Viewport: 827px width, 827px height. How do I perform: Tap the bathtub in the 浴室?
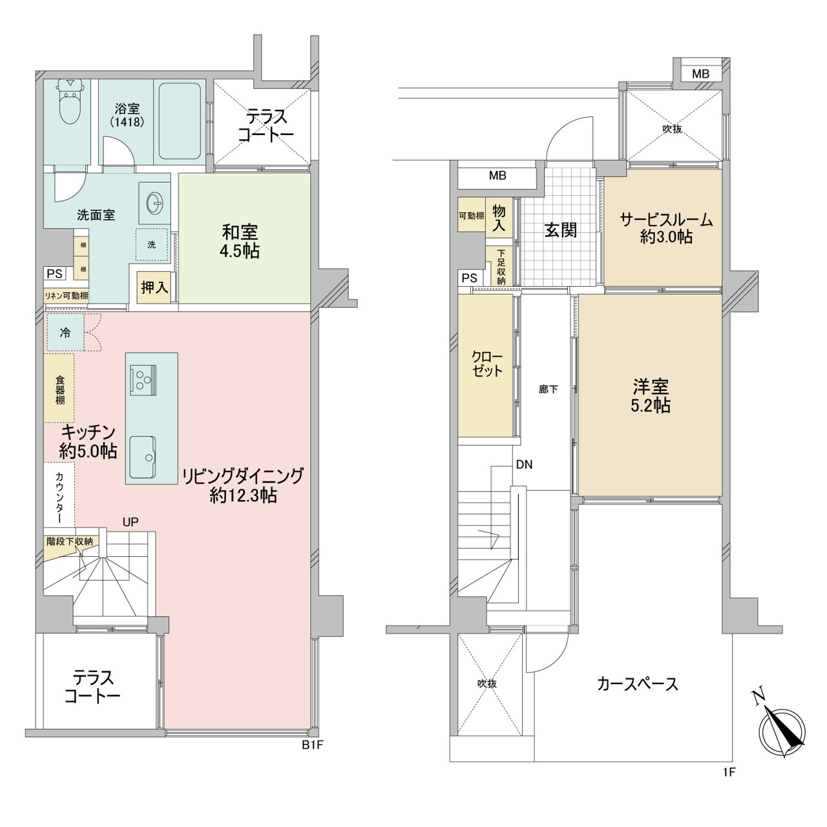[x=180, y=121]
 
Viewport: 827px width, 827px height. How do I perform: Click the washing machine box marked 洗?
[x=151, y=245]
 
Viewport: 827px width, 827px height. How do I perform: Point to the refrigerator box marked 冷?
[x=66, y=332]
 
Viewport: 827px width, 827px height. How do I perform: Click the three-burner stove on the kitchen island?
[x=143, y=381]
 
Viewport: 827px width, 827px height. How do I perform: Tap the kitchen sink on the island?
[x=143, y=457]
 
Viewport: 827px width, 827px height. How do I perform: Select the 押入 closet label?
[x=154, y=287]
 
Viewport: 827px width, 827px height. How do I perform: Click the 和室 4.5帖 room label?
[x=240, y=242]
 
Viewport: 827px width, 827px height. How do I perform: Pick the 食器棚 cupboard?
[x=59, y=388]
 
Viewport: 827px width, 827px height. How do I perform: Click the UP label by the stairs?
[x=131, y=522]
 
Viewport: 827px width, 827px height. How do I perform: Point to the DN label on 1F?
[x=524, y=465]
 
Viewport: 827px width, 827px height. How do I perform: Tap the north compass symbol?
[x=781, y=731]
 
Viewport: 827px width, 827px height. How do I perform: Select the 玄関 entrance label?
[x=561, y=231]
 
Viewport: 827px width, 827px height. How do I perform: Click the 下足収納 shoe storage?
[x=501, y=267]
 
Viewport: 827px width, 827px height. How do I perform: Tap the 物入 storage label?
[x=499, y=218]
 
